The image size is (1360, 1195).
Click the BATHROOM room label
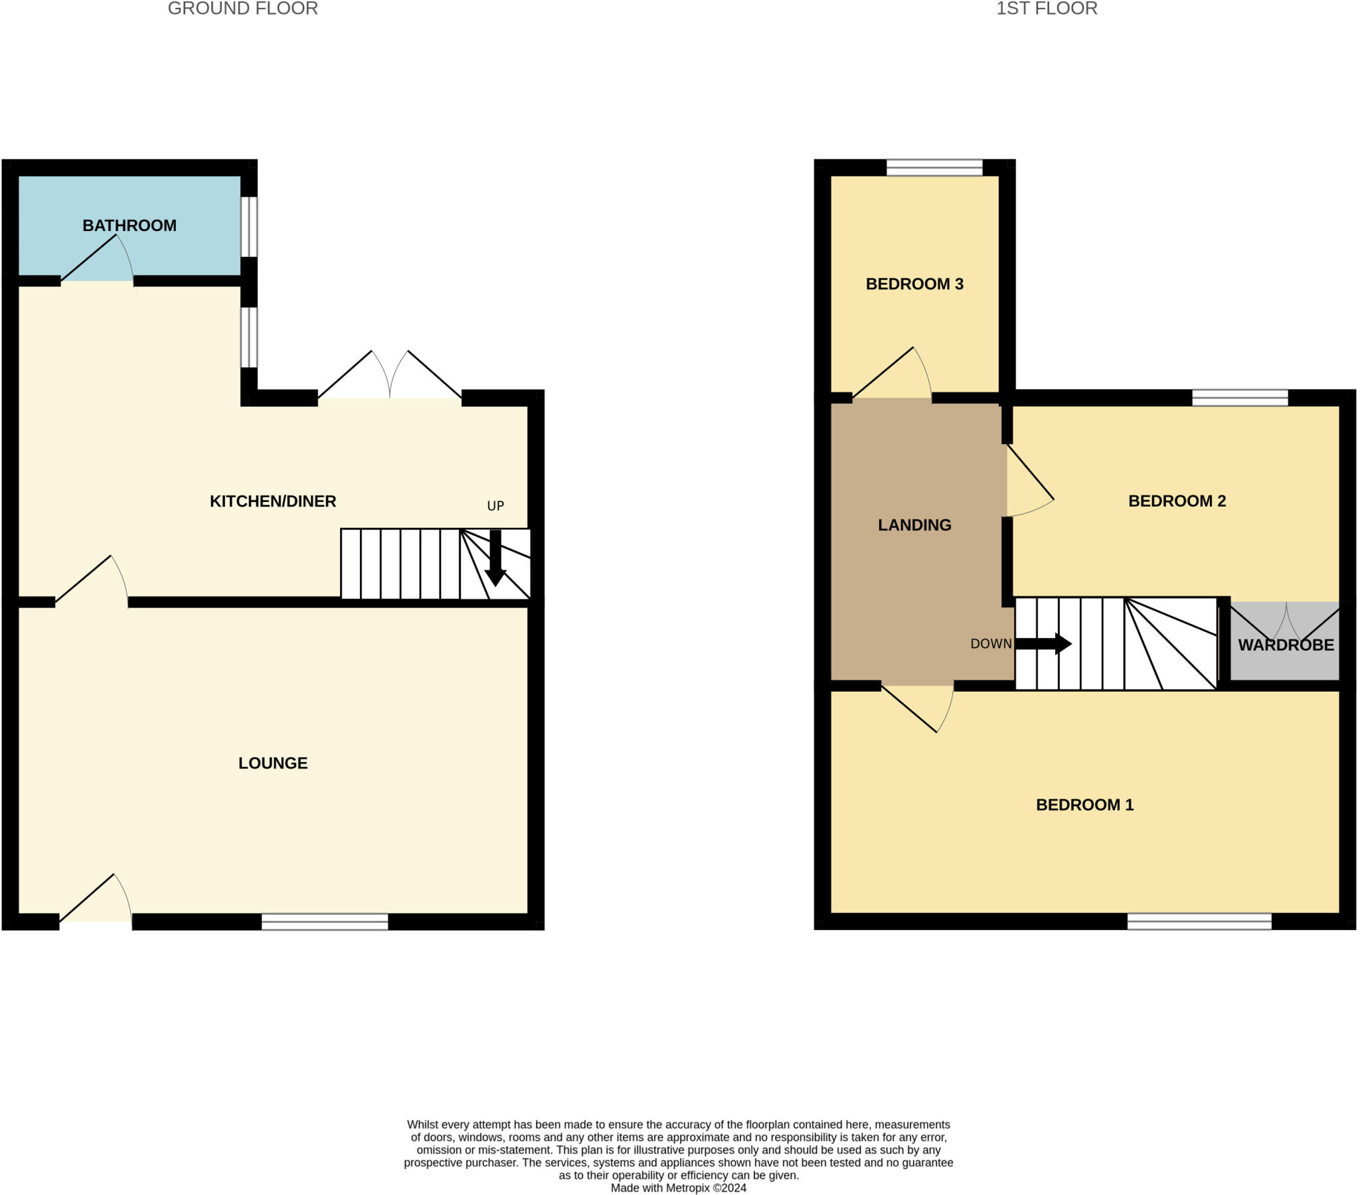[x=129, y=226]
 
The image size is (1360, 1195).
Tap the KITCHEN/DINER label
[x=273, y=501]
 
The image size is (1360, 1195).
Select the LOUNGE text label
[x=273, y=763]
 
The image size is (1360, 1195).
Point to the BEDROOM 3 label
[x=914, y=284]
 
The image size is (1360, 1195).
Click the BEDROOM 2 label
[x=1176, y=501]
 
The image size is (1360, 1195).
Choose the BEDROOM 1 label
[x=1084, y=805]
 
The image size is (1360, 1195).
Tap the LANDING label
[x=914, y=525]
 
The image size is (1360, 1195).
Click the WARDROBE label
[x=1286, y=645]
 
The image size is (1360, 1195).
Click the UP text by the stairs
[x=495, y=506]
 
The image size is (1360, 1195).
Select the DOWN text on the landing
[x=991, y=643]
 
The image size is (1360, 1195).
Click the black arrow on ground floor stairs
[x=495, y=558]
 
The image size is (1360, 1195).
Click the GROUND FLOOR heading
[x=243, y=9]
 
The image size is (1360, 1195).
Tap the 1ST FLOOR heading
[x=1046, y=9]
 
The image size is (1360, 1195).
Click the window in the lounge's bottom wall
[x=325, y=921]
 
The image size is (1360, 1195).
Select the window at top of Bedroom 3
[x=934, y=167]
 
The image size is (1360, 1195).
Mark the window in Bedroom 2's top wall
[x=1240, y=398]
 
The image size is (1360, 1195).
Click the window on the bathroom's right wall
[x=248, y=226]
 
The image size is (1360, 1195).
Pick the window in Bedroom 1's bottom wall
[x=1199, y=921]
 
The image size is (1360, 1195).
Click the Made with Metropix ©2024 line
[x=678, y=1188]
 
